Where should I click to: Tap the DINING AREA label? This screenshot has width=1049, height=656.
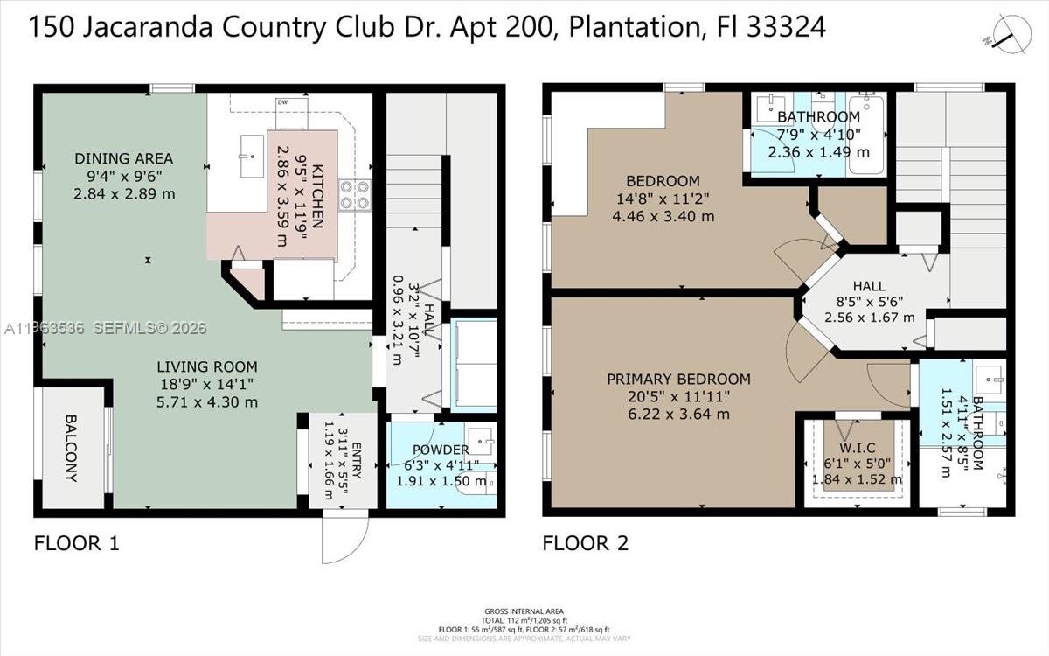click(123, 159)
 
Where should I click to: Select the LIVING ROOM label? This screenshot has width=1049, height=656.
click(207, 367)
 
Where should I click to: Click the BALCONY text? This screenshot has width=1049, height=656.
click(72, 448)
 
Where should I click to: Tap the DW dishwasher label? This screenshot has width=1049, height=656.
click(281, 103)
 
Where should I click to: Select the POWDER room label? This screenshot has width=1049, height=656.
click(441, 450)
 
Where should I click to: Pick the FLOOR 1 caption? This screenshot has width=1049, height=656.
click(76, 543)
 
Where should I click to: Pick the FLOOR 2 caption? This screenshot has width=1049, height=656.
click(585, 543)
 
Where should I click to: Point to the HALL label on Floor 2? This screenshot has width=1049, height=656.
click(869, 286)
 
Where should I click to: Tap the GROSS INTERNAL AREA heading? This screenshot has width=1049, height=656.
click(524, 611)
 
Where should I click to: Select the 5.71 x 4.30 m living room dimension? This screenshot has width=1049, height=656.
click(207, 402)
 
